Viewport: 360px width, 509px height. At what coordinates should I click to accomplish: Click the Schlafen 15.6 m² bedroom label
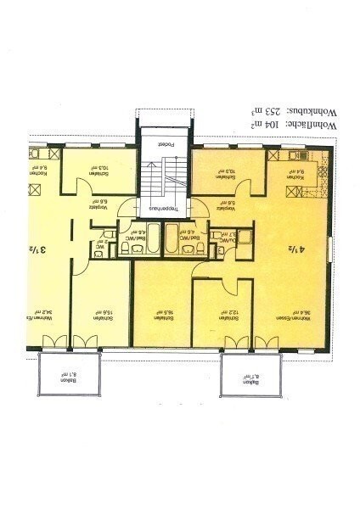[100, 313]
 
